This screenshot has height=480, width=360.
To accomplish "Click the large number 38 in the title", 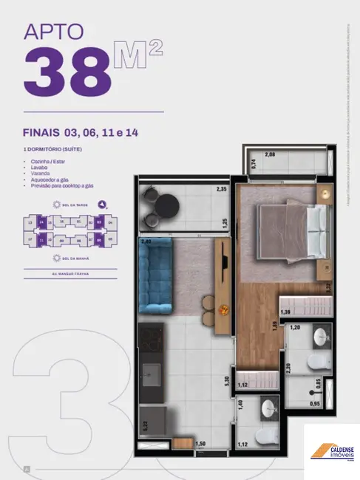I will point(69,72).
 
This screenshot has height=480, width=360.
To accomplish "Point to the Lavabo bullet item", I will point(37,167).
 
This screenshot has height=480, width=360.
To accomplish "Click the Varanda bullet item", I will point(38,174).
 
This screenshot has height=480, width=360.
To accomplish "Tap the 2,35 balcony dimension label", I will point(220,190).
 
